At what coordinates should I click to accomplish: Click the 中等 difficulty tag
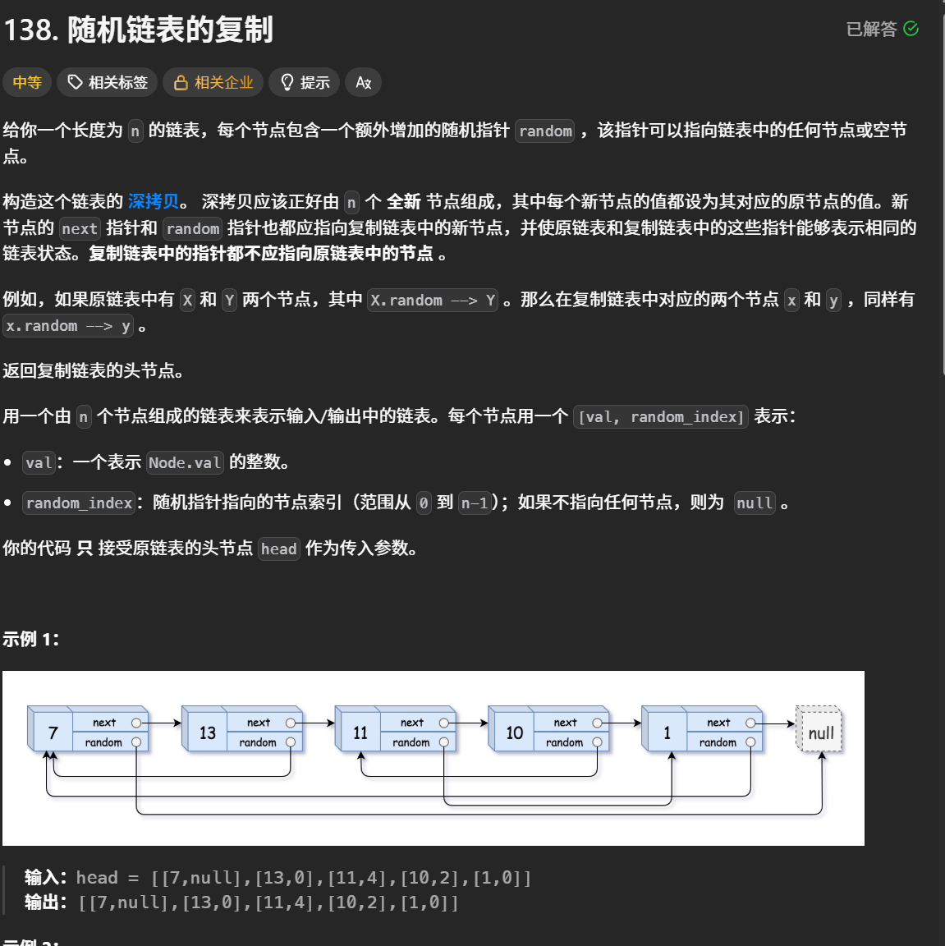point(27,82)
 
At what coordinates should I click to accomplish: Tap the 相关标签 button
point(108,82)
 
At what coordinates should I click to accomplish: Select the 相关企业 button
point(213,82)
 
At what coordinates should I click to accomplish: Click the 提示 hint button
point(305,82)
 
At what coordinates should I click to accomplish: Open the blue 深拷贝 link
point(154,201)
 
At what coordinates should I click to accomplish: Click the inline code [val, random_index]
point(660,416)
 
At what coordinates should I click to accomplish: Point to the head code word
point(278,549)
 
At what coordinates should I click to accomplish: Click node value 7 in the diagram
point(53,732)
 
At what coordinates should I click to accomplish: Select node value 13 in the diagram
point(207,732)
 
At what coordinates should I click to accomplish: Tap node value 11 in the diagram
point(360,732)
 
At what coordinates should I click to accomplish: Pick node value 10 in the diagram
point(514,732)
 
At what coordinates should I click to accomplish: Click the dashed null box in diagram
point(820,732)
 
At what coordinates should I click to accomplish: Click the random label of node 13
point(257,742)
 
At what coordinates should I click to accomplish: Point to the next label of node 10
point(565,723)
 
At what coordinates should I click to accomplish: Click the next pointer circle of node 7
point(136,723)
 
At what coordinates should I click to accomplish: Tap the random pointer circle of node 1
point(750,742)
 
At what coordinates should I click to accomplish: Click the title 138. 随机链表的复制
point(138,30)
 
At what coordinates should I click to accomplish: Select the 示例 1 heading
point(30,639)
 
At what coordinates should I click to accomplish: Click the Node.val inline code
point(185,462)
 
